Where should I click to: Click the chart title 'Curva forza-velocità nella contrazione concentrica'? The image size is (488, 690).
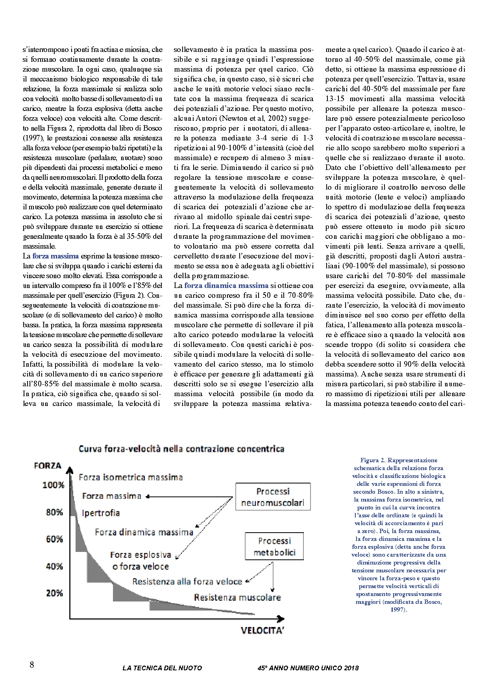pyautogui.click(x=181, y=448)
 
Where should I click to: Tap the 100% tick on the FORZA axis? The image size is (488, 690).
pyautogui.click(x=53, y=485)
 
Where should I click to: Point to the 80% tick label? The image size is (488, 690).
pyautogui.click(x=54, y=512)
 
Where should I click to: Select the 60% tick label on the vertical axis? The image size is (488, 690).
pyautogui.click(x=54, y=539)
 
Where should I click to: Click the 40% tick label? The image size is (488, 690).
pyautogui.click(x=54, y=566)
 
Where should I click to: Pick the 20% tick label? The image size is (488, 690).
pyautogui.click(x=54, y=593)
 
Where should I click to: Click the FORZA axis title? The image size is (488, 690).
pyautogui.click(x=48, y=466)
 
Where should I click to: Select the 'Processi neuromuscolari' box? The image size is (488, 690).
pyautogui.click(x=273, y=497)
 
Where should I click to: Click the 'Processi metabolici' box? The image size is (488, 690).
pyautogui.click(x=274, y=547)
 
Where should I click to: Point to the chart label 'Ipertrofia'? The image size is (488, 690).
pyautogui.click(x=101, y=513)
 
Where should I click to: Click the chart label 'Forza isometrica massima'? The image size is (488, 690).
pyautogui.click(x=131, y=478)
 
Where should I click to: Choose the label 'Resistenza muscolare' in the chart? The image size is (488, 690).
pyautogui.click(x=237, y=598)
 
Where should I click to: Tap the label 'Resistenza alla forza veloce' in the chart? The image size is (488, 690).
pyautogui.click(x=187, y=581)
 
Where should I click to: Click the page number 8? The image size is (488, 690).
pyautogui.click(x=32, y=665)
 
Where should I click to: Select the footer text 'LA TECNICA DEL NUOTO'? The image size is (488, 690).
pyautogui.click(x=162, y=668)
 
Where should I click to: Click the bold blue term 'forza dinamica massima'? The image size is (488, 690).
pyautogui.click(x=226, y=286)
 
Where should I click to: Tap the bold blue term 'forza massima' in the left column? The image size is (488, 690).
pyautogui.click(x=55, y=256)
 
